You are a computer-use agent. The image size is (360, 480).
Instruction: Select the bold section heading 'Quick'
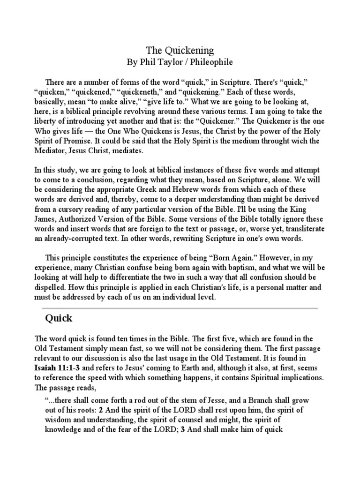pyautogui.click(x=58, y=318)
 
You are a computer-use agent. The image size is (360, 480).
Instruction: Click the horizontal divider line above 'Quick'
pyautogui.click(x=180, y=308)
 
